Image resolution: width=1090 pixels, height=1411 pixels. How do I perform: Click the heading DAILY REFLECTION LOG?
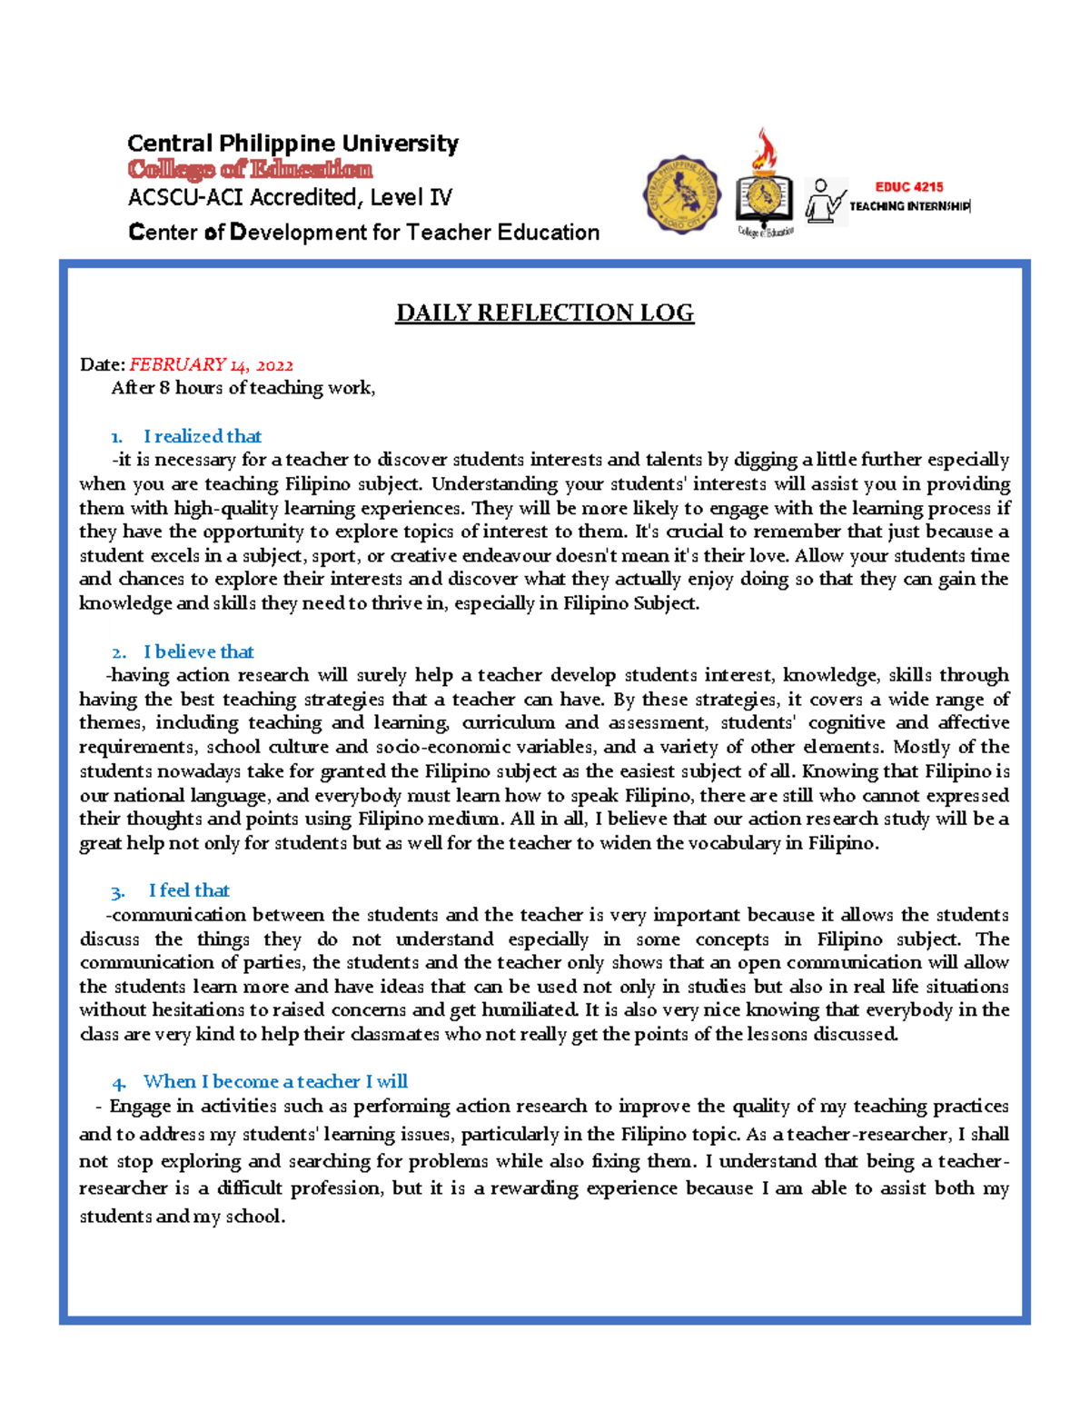click(x=544, y=313)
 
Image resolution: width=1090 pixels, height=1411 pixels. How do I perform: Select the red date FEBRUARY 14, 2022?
click(x=211, y=365)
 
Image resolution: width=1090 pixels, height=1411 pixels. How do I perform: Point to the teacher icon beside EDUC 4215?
click(x=825, y=201)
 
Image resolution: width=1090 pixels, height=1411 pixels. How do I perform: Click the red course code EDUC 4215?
click(x=908, y=187)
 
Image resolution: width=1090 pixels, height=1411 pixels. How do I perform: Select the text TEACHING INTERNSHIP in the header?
click(x=908, y=206)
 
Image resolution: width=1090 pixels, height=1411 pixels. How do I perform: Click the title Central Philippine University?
click(x=292, y=144)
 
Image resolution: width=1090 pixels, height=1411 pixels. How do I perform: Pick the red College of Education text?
click(x=250, y=170)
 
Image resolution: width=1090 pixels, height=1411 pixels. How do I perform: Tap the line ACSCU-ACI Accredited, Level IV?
click(x=290, y=198)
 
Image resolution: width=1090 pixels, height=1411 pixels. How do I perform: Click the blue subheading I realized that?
click(x=202, y=437)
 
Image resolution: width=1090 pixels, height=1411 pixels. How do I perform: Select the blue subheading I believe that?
click(x=198, y=652)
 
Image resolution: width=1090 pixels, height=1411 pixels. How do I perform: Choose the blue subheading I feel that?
click(x=189, y=891)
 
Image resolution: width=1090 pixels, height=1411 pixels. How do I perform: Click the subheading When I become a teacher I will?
click(x=275, y=1082)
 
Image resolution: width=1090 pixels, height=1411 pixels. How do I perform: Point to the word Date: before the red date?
click(x=102, y=365)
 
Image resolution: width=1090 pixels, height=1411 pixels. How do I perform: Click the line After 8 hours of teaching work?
click(x=243, y=389)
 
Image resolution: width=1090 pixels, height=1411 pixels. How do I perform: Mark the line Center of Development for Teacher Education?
click(x=363, y=233)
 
